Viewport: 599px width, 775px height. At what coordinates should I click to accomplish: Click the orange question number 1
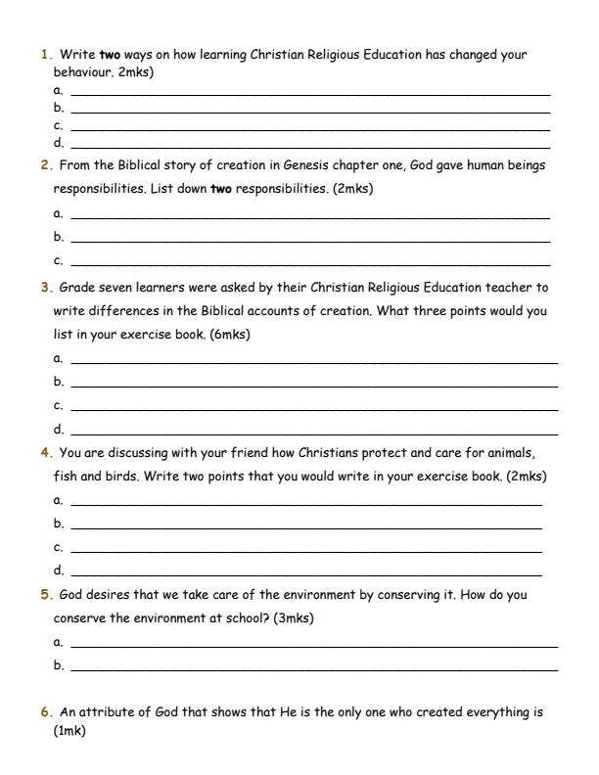coord(45,56)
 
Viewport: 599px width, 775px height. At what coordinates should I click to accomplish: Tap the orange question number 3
coord(45,289)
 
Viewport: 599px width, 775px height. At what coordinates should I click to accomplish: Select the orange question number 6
coord(45,712)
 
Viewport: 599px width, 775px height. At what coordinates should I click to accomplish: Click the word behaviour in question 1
coord(82,72)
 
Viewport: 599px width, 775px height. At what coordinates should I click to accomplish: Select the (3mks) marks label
coord(295,618)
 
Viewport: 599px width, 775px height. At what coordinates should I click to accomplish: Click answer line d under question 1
coord(310,144)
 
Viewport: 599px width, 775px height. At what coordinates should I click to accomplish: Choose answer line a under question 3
coord(314,361)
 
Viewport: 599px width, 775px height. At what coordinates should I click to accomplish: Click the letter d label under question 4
coord(58,570)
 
